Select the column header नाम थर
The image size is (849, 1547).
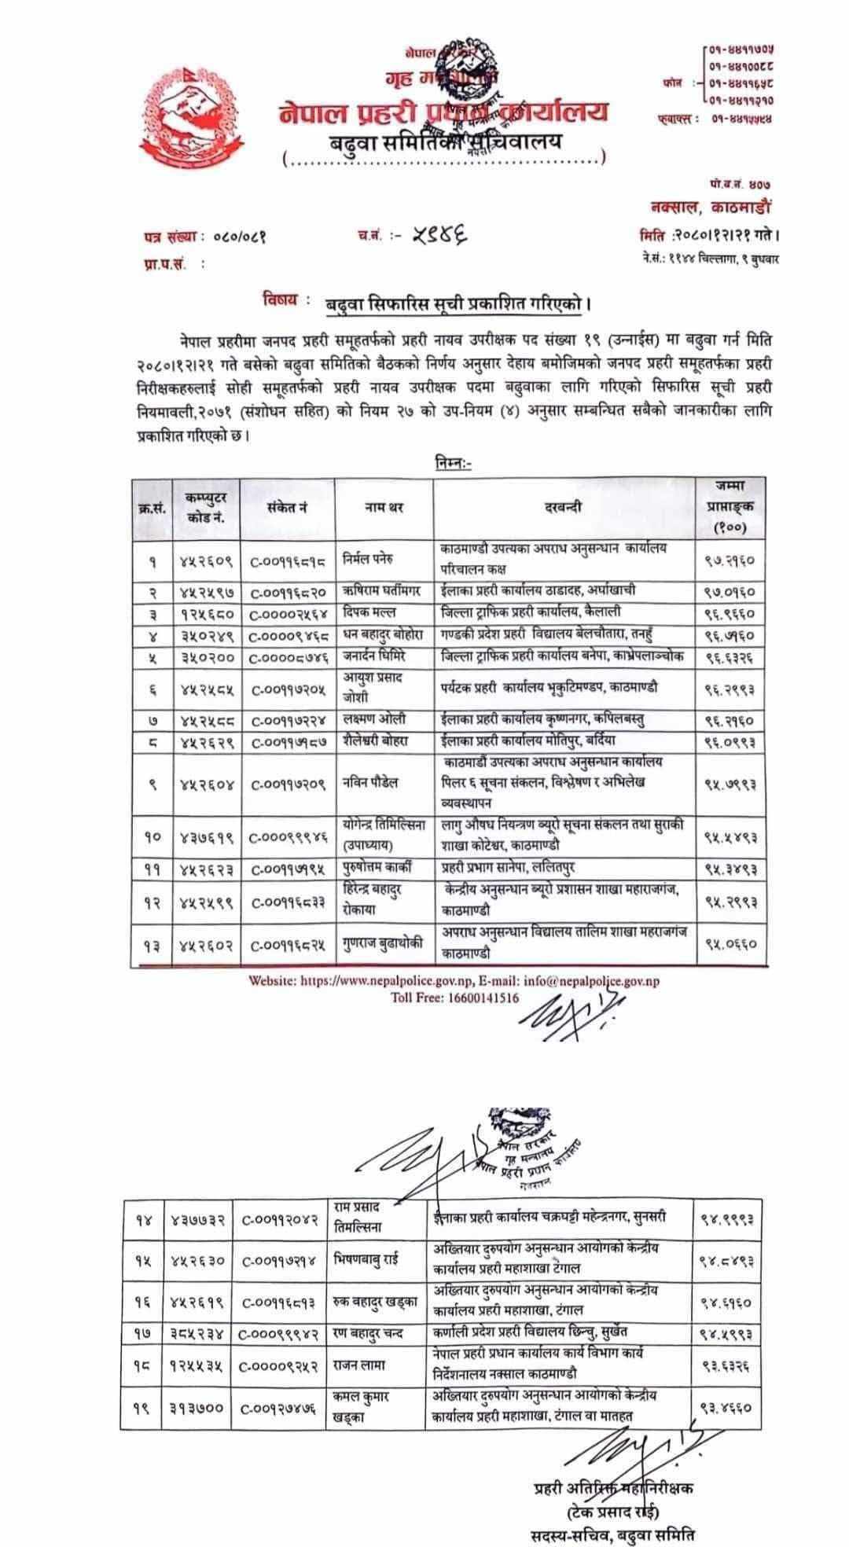click(x=384, y=508)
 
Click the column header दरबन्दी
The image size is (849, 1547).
click(x=564, y=508)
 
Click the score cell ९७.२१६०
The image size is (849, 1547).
click(x=730, y=560)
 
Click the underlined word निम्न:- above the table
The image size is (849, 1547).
click(x=453, y=463)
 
